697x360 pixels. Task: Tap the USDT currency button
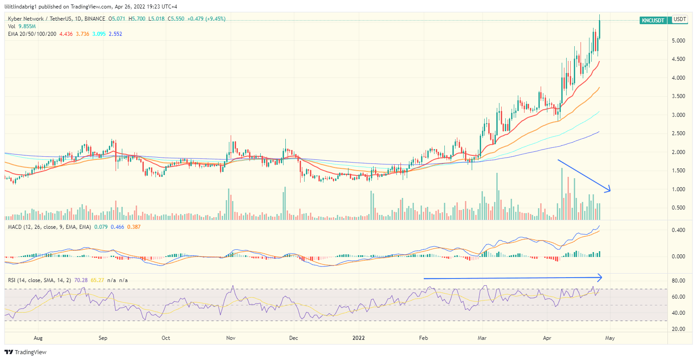[680, 19]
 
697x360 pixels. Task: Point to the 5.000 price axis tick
[679, 41]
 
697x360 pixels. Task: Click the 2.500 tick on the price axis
[679, 133]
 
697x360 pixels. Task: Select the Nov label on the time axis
[231, 338]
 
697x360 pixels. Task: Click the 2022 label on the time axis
[359, 338]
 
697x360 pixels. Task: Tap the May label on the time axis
[610, 338]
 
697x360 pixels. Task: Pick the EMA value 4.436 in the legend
[66, 34]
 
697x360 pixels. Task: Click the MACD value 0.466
[117, 227]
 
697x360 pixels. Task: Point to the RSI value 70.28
[81, 280]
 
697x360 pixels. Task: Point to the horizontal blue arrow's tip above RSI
[601, 278]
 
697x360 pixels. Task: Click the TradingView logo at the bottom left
[26, 352]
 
